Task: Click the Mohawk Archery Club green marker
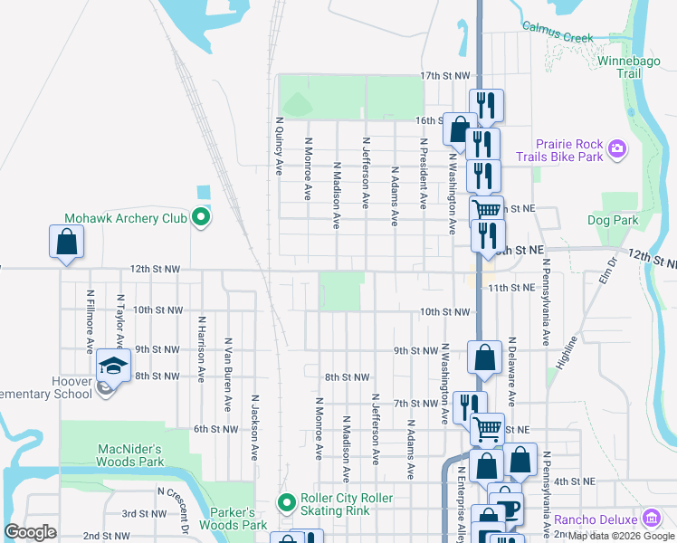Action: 201,218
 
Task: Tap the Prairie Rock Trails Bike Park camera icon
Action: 617,148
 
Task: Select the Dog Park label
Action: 612,220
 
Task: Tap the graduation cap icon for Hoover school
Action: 113,364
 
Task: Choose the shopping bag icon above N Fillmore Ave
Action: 66,242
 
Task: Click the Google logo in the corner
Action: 30,531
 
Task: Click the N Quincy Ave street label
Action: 279,145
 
